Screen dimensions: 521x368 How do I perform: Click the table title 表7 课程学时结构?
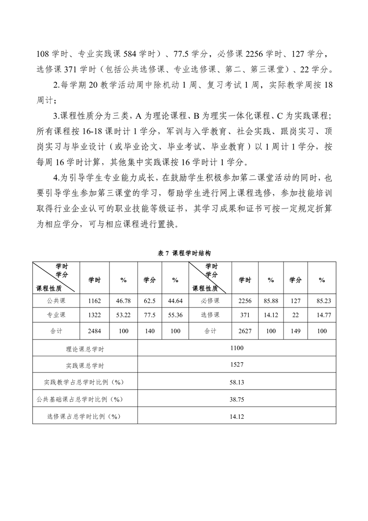click(x=184, y=253)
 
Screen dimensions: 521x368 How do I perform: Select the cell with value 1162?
click(x=95, y=301)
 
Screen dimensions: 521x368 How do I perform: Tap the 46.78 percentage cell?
click(x=123, y=301)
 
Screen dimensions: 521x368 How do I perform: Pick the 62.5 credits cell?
click(x=149, y=301)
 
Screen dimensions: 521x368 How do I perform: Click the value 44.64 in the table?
click(x=175, y=301)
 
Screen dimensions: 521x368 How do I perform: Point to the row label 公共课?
click(x=56, y=301)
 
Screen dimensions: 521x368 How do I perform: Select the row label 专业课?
click(x=56, y=315)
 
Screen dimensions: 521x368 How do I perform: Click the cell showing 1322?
click(x=95, y=315)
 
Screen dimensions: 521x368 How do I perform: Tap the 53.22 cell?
click(x=123, y=315)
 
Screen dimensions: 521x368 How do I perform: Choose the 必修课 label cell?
click(x=210, y=301)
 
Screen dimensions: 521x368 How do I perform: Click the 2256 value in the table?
click(x=245, y=301)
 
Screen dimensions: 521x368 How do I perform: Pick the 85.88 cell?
click(x=271, y=301)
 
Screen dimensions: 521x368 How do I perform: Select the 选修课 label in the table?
click(x=210, y=315)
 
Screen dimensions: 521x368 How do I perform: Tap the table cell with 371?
click(x=245, y=315)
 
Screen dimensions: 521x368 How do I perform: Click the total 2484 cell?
click(x=95, y=332)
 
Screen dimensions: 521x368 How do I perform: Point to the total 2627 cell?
click(x=245, y=332)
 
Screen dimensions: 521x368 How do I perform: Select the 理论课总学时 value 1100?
click(x=237, y=348)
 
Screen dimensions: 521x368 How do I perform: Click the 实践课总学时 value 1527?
click(x=237, y=365)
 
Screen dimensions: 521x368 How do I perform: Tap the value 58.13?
click(x=237, y=382)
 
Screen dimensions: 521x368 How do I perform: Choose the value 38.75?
click(x=237, y=399)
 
